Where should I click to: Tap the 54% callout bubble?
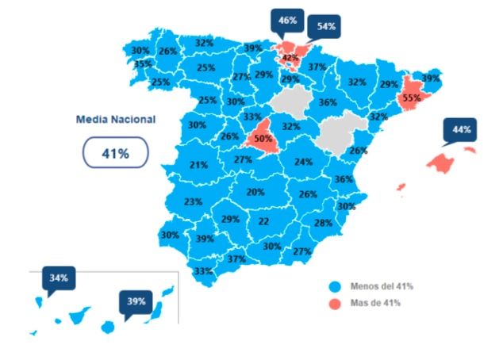click(326, 26)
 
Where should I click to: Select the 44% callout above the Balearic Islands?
click(462, 129)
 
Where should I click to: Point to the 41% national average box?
click(115, 153)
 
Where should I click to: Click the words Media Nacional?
click(116, 120)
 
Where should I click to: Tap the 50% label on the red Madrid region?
click(263, 139)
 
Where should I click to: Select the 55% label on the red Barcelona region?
click(411, 98)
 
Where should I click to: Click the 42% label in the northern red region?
click(290, 58)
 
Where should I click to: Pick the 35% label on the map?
click(143, 64)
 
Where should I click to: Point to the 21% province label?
click(198, 165)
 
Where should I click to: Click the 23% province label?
click(193, 201)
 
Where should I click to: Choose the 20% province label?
click(255, 192)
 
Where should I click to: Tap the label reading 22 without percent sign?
click(263, 221)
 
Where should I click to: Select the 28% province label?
click(322, 223)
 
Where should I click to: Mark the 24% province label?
click(303, 162)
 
